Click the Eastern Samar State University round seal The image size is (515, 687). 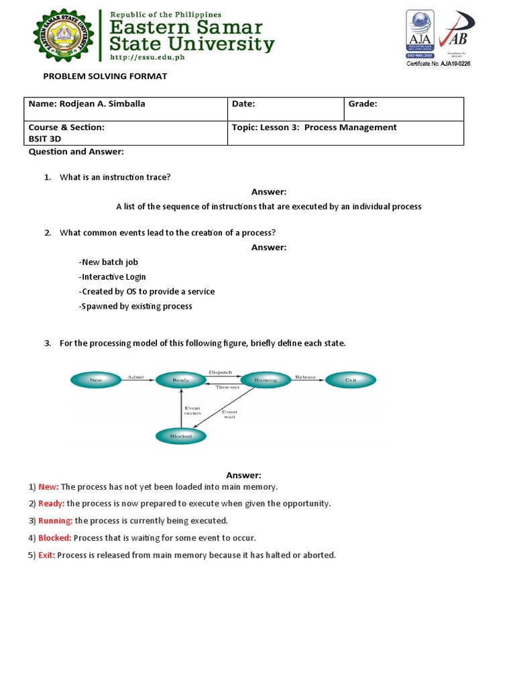coord(64,36)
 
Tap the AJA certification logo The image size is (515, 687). coord(420,34)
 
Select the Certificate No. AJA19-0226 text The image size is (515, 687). coord(438,64)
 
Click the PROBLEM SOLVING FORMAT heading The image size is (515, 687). coord(105,76)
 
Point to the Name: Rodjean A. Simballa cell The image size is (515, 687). coord(126,109)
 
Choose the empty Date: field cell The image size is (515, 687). coord(285,109)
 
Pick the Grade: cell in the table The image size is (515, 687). coord(404,109)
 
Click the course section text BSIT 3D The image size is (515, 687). coord(45,139)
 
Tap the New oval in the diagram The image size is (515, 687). coord(96,380)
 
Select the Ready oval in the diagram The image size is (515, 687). coord(180,380)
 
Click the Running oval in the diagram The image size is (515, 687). coord(266,380)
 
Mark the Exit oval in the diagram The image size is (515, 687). coord(350,380)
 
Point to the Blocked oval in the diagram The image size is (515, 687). coord(180,436)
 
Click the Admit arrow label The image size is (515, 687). coord(135,377)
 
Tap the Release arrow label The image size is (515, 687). coord(305,377)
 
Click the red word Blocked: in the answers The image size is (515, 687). coord(55,538)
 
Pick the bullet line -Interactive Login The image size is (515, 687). coord(113,277)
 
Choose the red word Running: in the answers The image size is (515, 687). coord(55,521)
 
